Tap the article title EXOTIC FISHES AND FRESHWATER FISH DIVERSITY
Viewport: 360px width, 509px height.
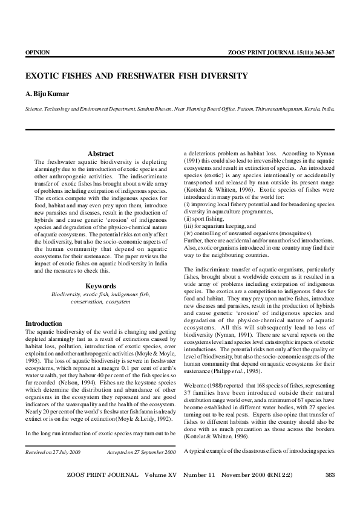[136, 76]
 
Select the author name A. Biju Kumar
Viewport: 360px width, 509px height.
[46, 95]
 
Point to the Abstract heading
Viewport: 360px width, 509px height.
[100, 154]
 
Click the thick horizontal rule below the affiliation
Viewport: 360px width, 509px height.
[180, 129]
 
